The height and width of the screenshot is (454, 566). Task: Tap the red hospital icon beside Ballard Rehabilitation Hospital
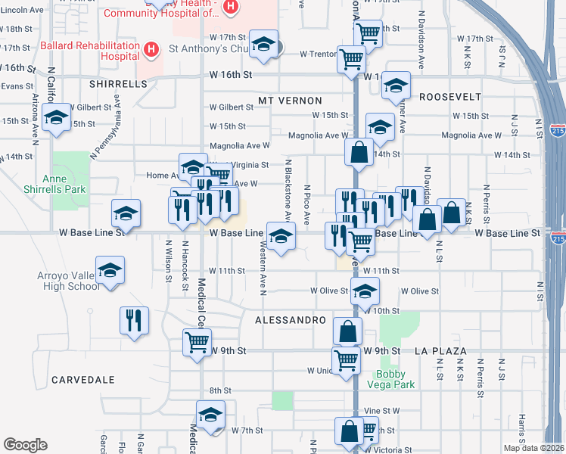coord(151,50)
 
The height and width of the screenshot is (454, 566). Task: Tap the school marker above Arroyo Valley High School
coord(110,271)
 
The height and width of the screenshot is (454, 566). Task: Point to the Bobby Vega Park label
coord(394,379)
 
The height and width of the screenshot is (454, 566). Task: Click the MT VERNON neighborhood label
coord(290,101)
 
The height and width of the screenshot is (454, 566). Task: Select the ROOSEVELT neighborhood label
coord(450,97)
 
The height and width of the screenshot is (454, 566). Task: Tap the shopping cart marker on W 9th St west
coord(197,342)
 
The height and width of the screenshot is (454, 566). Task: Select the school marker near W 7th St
coord(210,414)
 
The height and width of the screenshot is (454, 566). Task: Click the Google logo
coord(25,445)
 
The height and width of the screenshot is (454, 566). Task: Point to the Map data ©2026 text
coord(534,448)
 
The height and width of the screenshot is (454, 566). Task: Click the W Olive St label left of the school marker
coord(328,291)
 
